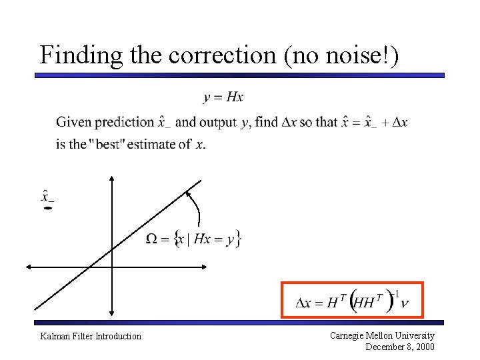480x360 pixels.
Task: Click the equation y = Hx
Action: tap(223, 98)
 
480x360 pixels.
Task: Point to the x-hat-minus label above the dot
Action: tap(47, 196)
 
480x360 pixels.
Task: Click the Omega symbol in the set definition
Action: tap(153, 239)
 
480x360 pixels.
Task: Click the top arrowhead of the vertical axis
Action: tap(112, 179)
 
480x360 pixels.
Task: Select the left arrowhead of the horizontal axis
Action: tap(29, 267)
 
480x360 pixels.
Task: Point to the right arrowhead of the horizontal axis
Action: tap(205, 267)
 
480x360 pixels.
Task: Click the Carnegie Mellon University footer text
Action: tap(382, 336)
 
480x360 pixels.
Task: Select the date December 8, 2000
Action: tap(400, 347)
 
